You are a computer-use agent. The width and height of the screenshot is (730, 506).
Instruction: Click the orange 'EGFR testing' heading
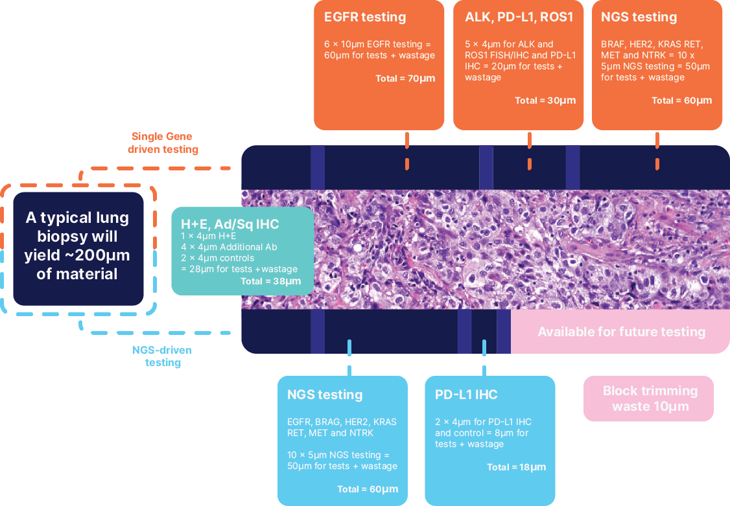coord(365,17)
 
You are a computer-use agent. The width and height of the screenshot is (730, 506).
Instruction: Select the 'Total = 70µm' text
coord(405,78)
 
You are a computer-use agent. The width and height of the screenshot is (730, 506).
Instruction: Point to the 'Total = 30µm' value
coord(545,100)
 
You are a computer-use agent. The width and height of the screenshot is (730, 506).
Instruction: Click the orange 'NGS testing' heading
coord(639,17)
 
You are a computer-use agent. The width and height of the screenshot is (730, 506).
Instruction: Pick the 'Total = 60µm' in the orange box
coord(681,100)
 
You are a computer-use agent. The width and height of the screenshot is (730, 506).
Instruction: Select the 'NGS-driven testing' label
coord(162,356)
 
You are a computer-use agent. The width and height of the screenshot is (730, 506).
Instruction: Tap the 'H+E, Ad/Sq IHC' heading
coord(230,224)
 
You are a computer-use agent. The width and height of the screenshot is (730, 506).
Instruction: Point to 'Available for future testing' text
coord(621,332)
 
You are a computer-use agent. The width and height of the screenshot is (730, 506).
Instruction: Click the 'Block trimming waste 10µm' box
coord(649,398)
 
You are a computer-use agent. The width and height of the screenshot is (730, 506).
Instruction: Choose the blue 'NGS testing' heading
coord(325,395)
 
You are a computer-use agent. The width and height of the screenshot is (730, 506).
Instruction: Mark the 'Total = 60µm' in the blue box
coord(368,489)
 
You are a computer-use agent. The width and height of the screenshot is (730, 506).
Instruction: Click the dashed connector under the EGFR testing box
coord(407,150)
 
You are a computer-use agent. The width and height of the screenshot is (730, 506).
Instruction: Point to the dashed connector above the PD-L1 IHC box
coord(484,356)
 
